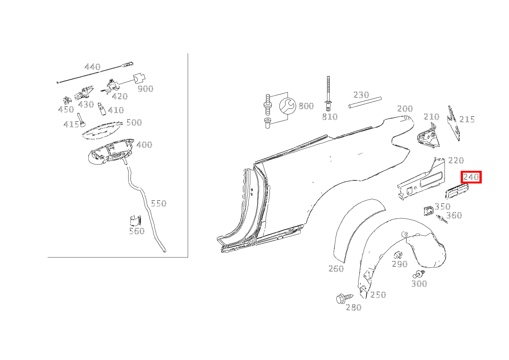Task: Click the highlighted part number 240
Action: [471, 177]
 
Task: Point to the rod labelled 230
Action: [365, 102]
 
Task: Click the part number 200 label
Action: [405, 109]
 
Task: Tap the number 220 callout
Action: [456, 160]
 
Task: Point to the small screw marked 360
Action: [441, 219]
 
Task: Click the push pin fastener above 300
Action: [418, 274]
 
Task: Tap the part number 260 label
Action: [336, 269]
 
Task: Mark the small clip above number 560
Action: [135, 221]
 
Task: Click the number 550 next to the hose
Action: [158, 203]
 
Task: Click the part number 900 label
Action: [145, 89]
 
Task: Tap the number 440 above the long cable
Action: [92, 67]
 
